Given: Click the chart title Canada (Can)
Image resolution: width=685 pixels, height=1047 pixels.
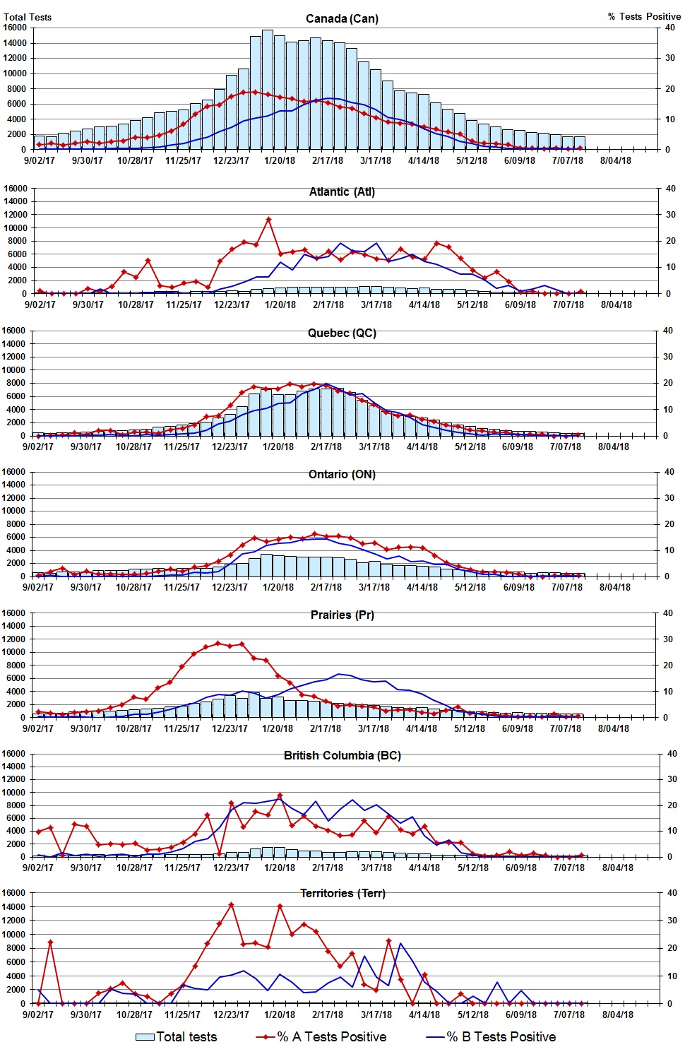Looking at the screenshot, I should coord(342,18).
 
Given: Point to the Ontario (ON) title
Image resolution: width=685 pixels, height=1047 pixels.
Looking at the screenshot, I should coord(342,474).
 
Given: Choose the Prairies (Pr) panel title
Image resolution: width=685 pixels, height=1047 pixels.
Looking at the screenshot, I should coord(342,615).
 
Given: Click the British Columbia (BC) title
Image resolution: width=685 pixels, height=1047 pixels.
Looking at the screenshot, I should coord(342,755).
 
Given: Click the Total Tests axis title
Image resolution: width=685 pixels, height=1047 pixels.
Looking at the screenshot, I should coord(28,17).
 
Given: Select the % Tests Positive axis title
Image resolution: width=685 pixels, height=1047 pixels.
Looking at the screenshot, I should coord(644,16).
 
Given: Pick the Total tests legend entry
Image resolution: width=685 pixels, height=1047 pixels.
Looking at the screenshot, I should coord(177,1036).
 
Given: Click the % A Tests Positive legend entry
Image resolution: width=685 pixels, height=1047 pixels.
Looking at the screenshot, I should coord(322,1036).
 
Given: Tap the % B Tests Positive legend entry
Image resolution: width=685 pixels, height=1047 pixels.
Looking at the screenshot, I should coord(492,1036).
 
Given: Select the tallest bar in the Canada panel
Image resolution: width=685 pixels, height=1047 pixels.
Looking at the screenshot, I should coord(268,88).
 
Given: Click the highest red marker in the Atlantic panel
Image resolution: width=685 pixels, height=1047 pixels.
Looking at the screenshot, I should coord(268,220).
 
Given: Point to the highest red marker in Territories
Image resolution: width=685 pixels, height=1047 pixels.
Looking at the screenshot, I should coord(231,905).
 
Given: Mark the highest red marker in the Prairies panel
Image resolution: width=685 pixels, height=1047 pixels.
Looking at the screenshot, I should coord(218,643).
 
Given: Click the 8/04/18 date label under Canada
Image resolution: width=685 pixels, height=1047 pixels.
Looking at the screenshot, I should coord(615,160).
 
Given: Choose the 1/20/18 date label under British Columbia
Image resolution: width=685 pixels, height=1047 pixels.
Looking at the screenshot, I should coord(280,868).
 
